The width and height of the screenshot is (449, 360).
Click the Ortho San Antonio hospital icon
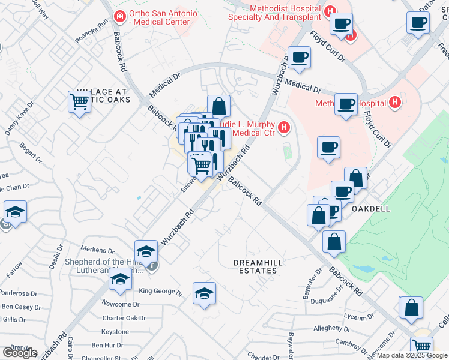coord(120,15)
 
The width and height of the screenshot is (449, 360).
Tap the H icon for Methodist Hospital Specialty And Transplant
coord(330,11)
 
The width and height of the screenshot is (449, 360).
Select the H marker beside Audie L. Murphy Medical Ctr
coord(284,127)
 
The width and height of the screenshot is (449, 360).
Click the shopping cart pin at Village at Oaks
coord(79,101)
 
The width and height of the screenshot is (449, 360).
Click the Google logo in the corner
coord(19,353)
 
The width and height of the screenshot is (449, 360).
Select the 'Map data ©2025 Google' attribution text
coord(412,355)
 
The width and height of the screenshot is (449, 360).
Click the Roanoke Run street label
coord(92,30)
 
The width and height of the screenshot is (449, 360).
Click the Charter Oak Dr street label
coord(124,318)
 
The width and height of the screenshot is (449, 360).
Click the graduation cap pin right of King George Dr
coord(204,293)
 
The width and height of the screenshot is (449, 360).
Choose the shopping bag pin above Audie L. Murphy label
coord(219,106)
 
